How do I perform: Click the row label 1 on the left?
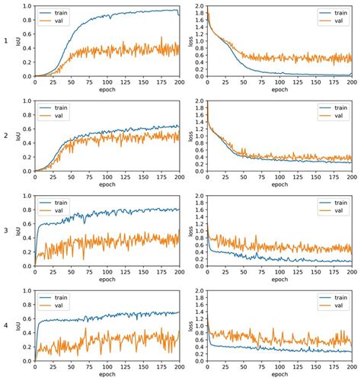7,41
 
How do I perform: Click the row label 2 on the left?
7,136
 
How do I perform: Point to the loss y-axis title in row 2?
191,136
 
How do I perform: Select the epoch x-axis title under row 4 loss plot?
280,376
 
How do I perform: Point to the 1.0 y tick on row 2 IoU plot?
27,101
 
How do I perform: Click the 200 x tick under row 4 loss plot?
352,367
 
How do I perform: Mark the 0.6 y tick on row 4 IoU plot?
27,319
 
